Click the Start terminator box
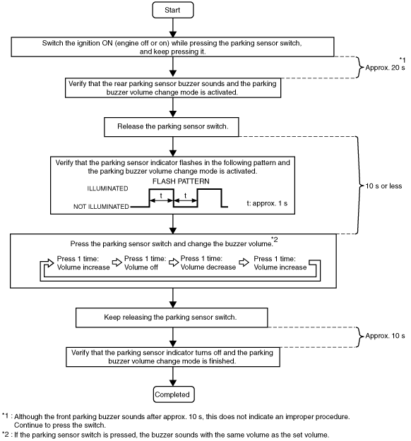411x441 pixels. pos(173,10)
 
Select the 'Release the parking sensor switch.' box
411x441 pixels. pos(172,127)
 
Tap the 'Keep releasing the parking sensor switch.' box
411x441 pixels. pos(172,318)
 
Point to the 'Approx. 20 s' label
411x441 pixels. pos(385,68)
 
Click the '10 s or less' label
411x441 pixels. pos(383,186)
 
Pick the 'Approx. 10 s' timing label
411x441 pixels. pos(385,336)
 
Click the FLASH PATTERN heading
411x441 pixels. pos(181,181)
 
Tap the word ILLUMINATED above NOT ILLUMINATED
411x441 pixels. pos(107,188)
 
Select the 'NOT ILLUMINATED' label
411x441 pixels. pos(101,207)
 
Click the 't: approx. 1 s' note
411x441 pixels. pos(267,203)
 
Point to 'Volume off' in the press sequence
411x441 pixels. pos(141,267)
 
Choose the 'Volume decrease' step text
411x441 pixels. pos(208,267)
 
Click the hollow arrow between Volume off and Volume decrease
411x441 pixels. pos(174,262)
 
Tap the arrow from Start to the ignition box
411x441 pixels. pos(173,28)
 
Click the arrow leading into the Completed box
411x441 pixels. pos(173,376)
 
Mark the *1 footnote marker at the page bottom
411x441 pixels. pos(6,416)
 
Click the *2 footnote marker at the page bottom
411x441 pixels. pos(6,434)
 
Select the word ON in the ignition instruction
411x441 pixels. pos(107,43)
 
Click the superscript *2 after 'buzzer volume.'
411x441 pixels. pos(275,239)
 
